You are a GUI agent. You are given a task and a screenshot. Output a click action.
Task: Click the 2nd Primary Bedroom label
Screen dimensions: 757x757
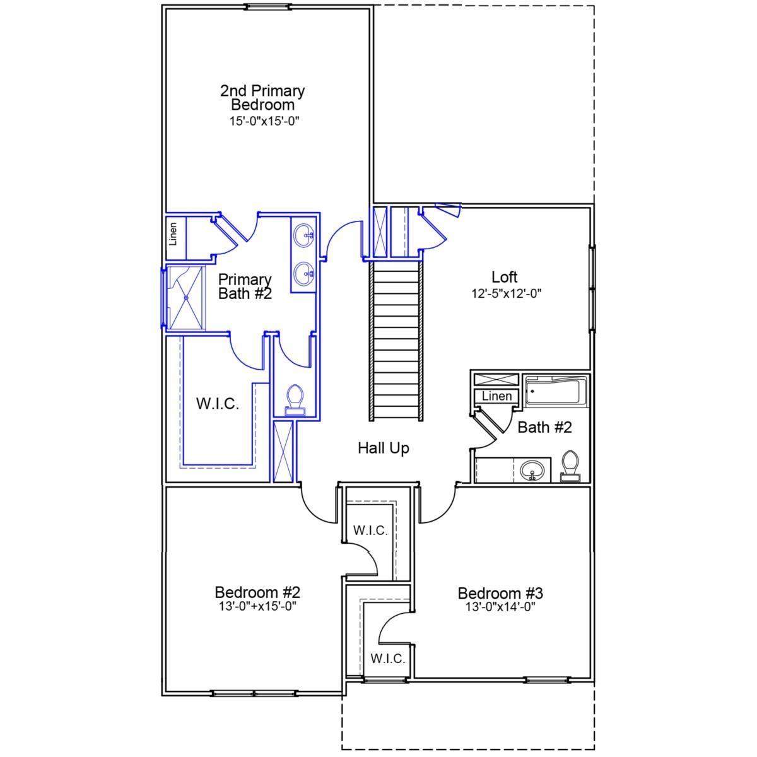tap(262, 98)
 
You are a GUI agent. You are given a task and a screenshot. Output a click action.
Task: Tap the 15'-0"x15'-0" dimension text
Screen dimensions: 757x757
tap(264, 121)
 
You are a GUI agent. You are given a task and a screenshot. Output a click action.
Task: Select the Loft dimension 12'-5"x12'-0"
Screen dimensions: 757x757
tap(507, 294)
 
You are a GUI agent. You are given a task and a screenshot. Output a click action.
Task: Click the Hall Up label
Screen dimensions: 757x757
tap(384, 449)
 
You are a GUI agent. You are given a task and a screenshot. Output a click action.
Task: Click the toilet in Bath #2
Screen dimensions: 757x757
tap(570, 466)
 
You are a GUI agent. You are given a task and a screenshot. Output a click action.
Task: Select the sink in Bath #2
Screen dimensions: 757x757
tap(532, 470)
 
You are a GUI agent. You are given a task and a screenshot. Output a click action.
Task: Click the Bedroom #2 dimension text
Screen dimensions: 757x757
tap(257, 607)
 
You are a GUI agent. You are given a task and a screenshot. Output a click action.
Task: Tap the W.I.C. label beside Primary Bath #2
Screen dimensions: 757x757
tap(217, 404)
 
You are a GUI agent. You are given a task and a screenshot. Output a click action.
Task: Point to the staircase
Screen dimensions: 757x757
tap(396, 341)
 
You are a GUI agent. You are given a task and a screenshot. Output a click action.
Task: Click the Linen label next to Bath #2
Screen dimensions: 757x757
tap(496, 396)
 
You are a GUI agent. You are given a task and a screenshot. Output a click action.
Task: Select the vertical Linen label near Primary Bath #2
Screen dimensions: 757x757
tap(173, 234)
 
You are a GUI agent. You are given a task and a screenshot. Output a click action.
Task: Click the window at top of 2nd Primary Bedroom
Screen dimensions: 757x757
tap(268, 7)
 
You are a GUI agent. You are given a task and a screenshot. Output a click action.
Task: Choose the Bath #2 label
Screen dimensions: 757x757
tap(544, 428)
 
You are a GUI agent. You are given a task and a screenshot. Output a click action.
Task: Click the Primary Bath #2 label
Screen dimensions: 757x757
tap(245, 287)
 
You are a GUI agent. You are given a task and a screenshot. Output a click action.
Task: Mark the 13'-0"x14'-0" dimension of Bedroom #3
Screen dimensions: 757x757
tap(500, 607)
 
